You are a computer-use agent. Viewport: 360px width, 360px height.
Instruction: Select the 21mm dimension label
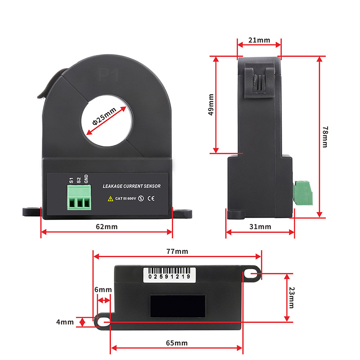pos(259,40)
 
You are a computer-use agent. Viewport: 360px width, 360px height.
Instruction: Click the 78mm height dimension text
pos(326,136)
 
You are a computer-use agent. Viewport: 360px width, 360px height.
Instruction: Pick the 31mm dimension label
pos(260,227)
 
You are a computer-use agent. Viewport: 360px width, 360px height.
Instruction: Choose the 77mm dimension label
pos(176,251)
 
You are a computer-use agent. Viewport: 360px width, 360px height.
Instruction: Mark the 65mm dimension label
pos(176,343)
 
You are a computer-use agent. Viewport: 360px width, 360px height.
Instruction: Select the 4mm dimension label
pos(65,322)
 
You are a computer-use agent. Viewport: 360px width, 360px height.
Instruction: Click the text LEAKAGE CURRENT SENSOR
pos(131,186)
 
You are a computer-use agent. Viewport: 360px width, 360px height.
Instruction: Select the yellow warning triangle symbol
pos(110,198)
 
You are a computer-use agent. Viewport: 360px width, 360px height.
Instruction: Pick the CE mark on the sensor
pos(152,198)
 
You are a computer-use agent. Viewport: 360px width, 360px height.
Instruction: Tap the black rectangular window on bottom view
pos(178,306)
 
